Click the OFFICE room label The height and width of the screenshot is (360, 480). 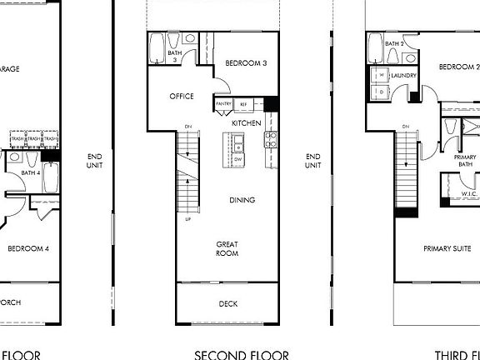pyautogui.click(x=182, y=97)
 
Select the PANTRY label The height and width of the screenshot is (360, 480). pyautogui.click(x=223, y=104)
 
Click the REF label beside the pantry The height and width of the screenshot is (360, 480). pyautogui.click(x=244, y=104)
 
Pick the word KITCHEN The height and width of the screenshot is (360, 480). pyautogui.click(x=247, y=123)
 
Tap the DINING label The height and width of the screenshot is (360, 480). pyautogui.click(x=242, y=200)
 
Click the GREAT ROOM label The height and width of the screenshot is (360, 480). pyautogui.click(x=227, y=249)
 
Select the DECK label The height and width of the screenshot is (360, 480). pyautogui.click(x=227, y=304)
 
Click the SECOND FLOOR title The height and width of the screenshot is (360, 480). pyautogui.click(x=242, y=354)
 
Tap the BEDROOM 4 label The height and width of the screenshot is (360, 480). pyautogui.click(x=29, y=248)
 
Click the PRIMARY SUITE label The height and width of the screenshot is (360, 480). pyautogui.click(x=447, y=248)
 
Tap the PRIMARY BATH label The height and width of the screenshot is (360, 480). pyautogui.click(x=465, y=161)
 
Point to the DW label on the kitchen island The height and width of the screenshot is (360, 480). pyautogui.click(x=238, y=158)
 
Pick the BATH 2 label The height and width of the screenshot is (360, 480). pyautogui.click(x=395, y=43)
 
